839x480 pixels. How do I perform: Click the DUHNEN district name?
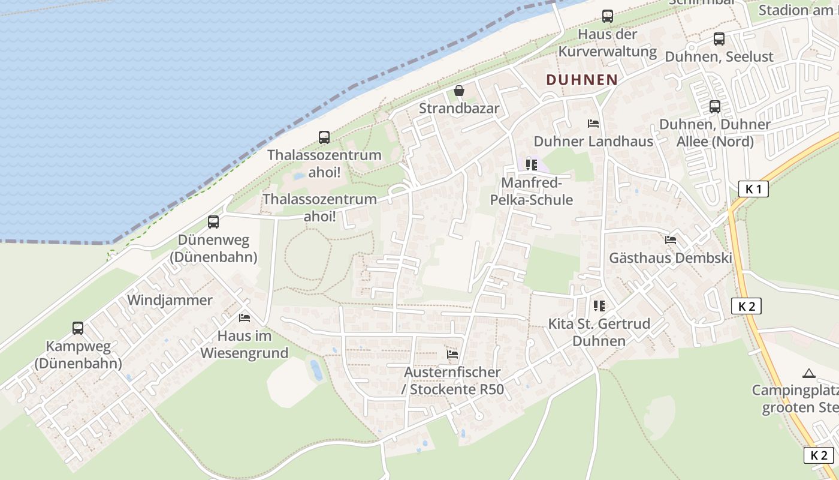(582, 80)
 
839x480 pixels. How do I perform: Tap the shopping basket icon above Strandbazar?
(459, 91)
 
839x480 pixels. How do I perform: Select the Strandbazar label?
(459, 109)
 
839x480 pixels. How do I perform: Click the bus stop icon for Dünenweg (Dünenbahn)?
(213, 222)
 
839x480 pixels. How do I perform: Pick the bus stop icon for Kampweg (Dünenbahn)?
(78, 328)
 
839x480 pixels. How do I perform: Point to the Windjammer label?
(170, 300)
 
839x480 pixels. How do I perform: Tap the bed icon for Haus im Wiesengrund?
(244, 317)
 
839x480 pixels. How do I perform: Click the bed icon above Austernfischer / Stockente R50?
(452, 355)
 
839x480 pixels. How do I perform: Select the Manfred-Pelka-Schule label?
(532, 191)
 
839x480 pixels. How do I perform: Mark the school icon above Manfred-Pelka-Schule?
(531, 164)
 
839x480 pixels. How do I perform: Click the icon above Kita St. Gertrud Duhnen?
(599, 306)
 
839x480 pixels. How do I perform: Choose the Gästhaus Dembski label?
(671, 258)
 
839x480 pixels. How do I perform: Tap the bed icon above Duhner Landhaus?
(593, 124)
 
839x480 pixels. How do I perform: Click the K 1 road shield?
(753, 189)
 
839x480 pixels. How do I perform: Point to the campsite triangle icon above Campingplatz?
(809, 373)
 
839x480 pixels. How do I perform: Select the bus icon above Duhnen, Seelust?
(719, 39)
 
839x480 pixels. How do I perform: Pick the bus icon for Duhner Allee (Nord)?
(715, 107)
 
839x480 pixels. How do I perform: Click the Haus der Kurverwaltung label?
(608, 43)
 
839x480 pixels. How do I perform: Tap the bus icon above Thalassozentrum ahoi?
(324, 137)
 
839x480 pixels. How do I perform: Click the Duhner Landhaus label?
(593, 142)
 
